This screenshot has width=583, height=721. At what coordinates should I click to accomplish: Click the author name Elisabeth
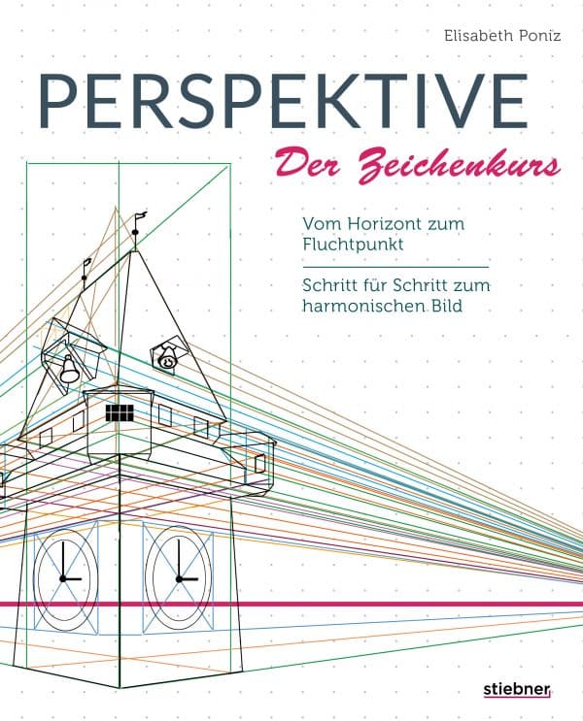475,36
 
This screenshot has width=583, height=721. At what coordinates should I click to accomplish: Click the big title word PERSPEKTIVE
284,101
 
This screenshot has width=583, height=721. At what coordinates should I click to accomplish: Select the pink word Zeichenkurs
460,167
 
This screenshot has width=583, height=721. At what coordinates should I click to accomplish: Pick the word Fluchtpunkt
353,245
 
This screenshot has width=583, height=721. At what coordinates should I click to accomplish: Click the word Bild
447,306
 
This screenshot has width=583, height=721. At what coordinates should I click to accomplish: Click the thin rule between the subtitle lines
395,267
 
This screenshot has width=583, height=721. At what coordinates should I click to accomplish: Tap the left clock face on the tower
66,577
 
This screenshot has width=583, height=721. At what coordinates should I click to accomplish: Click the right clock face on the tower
179,577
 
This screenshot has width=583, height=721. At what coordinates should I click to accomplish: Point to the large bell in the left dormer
69,370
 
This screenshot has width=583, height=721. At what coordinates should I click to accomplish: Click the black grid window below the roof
120,413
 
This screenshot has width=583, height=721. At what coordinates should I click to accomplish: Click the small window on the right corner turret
259,464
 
